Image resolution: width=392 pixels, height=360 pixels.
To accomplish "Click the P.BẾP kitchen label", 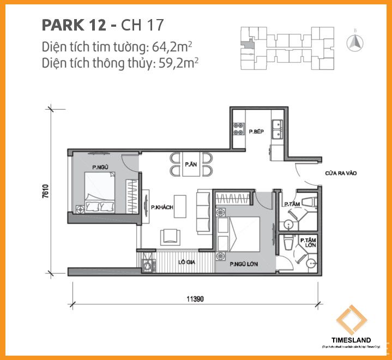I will (x=256, y=132).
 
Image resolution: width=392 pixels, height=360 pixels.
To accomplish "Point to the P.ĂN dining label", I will (x=190, y=164).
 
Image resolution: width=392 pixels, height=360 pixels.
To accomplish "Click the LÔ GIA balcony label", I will (x=187, y=262).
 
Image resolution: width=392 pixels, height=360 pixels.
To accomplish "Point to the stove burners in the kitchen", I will (x=238, y=127).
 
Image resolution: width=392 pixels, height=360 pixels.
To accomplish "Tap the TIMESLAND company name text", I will (x=351, y=340).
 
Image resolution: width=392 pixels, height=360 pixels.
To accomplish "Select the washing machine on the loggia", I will (x=147, y=266).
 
